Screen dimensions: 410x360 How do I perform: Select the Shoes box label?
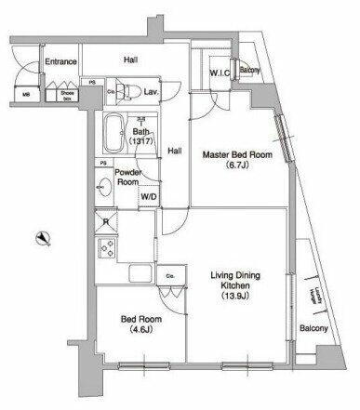(x=67, y=94)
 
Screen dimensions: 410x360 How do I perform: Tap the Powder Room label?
(x=127, y=177)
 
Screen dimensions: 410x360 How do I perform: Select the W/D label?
(x=149, y=196)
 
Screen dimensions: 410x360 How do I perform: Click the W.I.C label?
(x=220, y=71)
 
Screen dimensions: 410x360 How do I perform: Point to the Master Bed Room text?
(x=238, y=155)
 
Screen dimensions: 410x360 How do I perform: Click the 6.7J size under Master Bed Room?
(x=238, y=168)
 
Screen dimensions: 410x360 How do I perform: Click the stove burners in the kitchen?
(x=105, y=250)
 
